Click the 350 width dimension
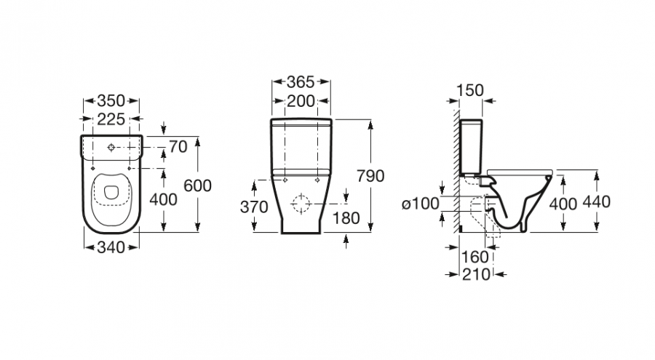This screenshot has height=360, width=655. pos(111,100)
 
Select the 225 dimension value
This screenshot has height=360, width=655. pos(111,119)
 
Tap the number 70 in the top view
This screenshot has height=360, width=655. pos(178,147)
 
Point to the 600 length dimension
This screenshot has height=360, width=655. pos(197,185)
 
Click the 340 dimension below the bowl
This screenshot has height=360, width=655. pos(111,248)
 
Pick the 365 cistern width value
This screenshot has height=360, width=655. pos(301,82)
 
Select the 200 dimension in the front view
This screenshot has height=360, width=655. pos(301,101)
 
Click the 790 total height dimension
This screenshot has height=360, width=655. pos(370,176)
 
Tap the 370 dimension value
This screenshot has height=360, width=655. pos(254,207)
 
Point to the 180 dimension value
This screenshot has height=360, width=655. pos(346,218)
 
